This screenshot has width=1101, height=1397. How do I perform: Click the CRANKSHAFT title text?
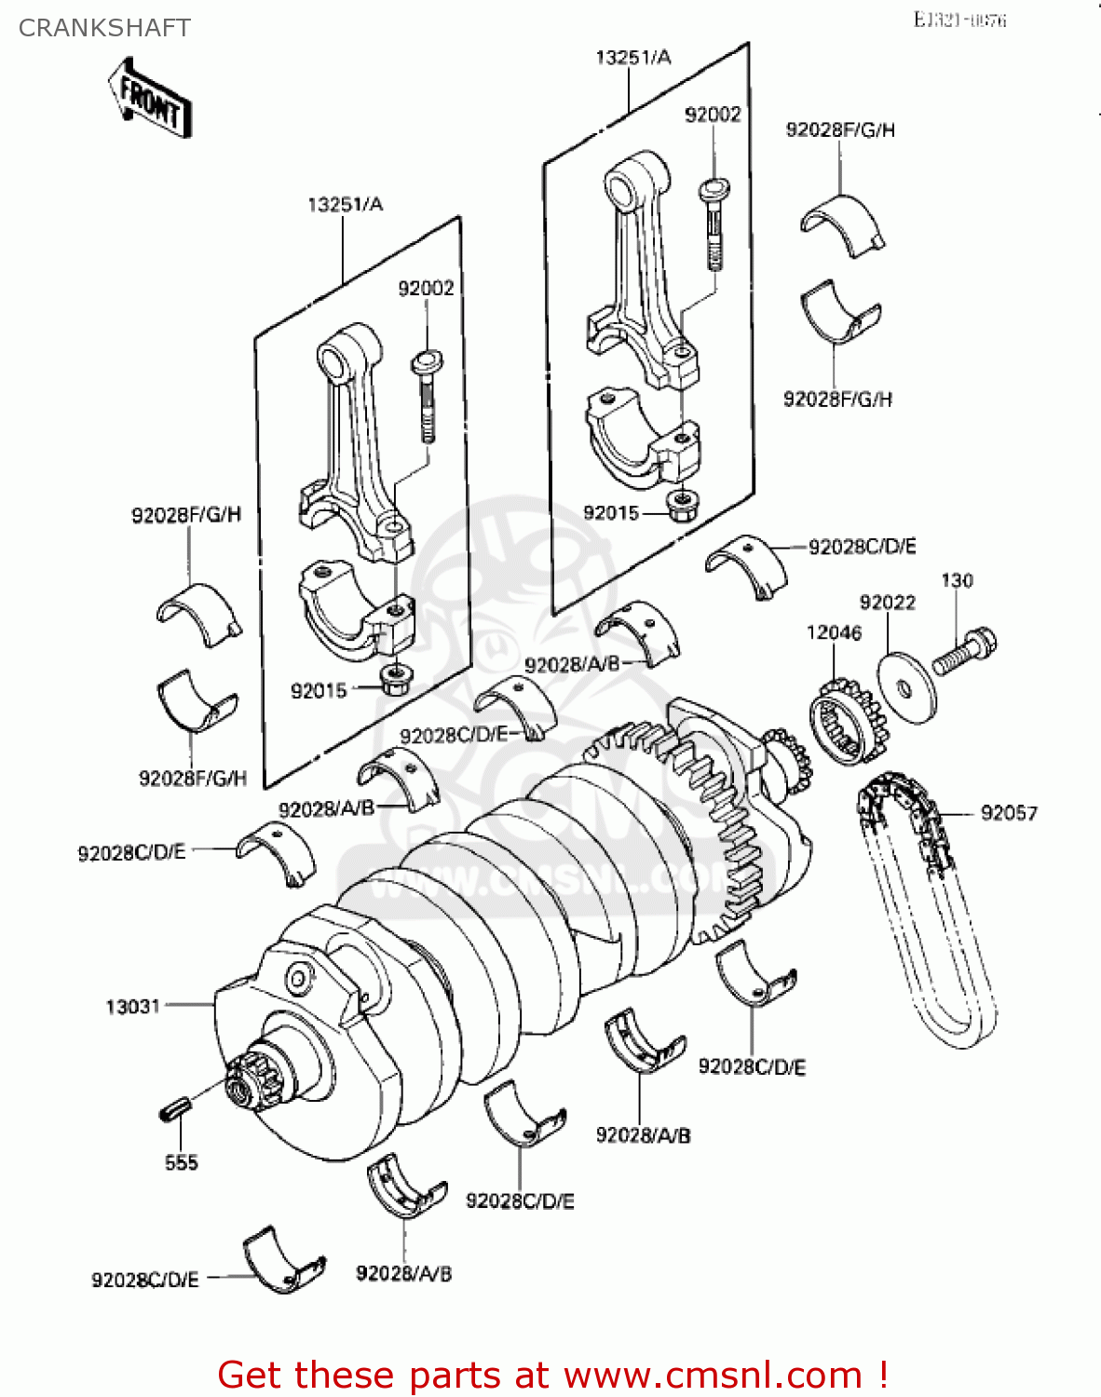(x=104, y=28)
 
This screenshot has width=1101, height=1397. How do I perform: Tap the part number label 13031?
(x=133, y=1007)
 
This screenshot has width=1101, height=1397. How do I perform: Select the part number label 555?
(x=181, y=1162)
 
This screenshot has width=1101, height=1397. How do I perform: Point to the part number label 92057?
(x=1009, y=813)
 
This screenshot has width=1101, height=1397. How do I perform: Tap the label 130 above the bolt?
(x=957, y=581)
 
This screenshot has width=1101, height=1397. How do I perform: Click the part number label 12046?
(x=834, y=633)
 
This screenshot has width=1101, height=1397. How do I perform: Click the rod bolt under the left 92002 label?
(x=427, y=396)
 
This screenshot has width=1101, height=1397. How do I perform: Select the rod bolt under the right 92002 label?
(x=714, y=224)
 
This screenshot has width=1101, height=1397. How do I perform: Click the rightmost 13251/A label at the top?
(x=633, y=58)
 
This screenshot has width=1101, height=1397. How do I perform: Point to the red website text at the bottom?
(x=552, y=1375)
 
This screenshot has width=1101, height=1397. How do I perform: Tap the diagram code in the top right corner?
(x=959, y=20)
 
